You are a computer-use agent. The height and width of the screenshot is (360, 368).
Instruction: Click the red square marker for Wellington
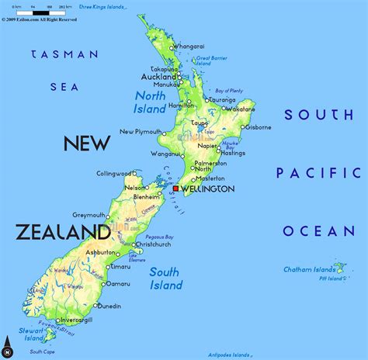[176, 189]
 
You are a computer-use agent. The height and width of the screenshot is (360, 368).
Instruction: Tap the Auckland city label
[159, 78]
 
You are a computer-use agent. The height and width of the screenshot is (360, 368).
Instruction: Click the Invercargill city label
[75, 320]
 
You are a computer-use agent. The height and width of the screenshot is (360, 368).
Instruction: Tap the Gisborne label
[257, 127]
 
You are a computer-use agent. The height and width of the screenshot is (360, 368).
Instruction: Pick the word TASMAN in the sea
[64, 54]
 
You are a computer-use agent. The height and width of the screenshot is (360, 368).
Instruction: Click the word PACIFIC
[318, 173]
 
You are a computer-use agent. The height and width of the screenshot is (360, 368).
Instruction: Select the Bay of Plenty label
[229, 91]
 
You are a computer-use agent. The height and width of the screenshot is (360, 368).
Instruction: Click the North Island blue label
[151, 102]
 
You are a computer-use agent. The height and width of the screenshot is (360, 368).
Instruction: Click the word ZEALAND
[62, 231]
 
